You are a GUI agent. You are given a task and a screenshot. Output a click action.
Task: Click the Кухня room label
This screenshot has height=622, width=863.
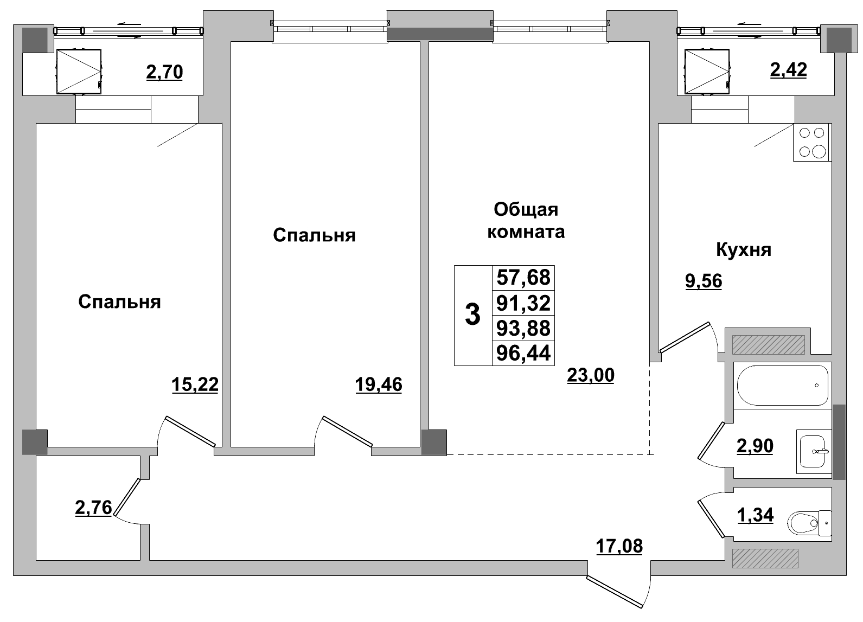743,250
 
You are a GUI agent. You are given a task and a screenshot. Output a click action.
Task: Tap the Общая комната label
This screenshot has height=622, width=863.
526,220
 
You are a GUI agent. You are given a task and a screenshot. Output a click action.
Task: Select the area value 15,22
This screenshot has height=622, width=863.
195,384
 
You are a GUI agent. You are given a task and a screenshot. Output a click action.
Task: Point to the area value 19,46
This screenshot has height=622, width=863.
379,384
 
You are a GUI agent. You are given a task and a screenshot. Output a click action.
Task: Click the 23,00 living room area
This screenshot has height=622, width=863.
590,375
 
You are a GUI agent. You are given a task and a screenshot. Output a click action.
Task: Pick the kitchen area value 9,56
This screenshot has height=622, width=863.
704,281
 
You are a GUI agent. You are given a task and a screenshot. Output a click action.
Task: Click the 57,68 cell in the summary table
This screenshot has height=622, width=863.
523,278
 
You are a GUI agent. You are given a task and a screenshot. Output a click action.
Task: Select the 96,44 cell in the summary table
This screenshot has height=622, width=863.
523,354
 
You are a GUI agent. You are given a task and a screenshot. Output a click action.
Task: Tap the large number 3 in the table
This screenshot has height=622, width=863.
472,315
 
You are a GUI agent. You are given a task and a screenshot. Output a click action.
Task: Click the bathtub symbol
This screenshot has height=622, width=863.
782,385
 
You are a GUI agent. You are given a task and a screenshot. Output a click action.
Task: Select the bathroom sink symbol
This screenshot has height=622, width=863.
814,451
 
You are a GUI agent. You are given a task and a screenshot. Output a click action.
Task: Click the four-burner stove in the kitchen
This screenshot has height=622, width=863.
811,142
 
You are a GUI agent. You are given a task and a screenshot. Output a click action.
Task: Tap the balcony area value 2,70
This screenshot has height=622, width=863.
164,72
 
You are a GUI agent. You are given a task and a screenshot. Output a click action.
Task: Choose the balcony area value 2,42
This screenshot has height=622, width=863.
788,70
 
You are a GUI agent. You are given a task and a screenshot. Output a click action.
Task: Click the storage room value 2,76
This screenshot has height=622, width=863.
93,508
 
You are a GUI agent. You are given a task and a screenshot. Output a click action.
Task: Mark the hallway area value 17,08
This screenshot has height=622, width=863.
619,546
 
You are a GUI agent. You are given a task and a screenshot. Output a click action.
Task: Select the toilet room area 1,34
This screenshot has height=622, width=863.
755,515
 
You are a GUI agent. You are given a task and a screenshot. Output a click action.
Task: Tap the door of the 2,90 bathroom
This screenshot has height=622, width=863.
711,440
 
